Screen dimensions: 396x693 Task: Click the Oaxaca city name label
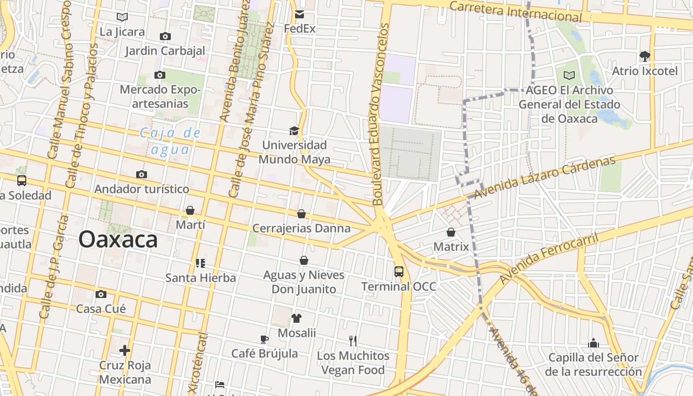(x=118, y=240)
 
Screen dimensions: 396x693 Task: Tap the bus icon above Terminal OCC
(x=399, y=271)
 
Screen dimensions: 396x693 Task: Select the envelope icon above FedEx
(x=299, y=14)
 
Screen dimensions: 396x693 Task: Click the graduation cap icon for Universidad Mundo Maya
(x=294, y=131)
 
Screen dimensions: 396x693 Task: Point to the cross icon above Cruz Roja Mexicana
(x=125, y=350)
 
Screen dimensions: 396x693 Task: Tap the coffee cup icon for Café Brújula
(x=264, y=339)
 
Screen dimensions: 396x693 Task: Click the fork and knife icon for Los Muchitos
(x=353, y=341)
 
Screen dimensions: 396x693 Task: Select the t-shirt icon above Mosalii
(x=296, y=318)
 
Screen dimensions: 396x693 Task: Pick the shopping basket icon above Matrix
(x=451, y=232)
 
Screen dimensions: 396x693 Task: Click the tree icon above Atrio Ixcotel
(x=644, y=56)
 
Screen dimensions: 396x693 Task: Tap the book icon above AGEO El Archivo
(x=569, y=75)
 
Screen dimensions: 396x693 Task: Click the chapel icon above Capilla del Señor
(x=594, y=343)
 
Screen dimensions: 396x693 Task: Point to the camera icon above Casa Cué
(x=101, y=294)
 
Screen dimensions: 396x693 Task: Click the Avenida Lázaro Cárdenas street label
(x=544, y=177)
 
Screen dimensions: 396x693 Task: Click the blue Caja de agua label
(x=170, y=141)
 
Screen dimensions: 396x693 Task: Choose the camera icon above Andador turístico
(x=142, y=174)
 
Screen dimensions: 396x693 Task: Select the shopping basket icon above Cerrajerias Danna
(x=301, y=214)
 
